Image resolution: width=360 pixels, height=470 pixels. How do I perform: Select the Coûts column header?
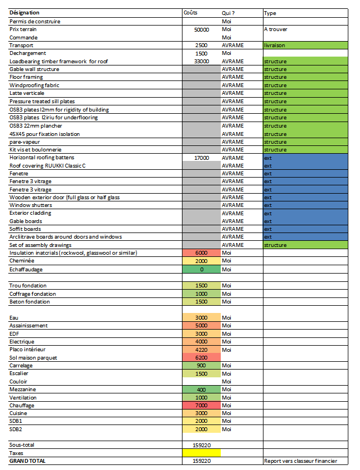(x=190, y=13)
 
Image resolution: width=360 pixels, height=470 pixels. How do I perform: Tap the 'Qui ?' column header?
(x=227, y=13)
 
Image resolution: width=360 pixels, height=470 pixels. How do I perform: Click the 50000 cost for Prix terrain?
(x=201, y=29)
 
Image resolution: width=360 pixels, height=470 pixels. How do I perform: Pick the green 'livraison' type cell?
(x=305, y=45)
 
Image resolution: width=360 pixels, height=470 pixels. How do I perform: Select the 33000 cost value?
(x=201, y=61)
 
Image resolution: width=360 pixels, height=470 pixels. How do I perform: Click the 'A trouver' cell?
(x=276, y=29)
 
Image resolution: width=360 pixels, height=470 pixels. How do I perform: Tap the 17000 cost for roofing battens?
(x=201, y=158)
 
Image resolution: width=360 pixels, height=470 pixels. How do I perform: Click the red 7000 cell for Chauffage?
(x=201, y=405)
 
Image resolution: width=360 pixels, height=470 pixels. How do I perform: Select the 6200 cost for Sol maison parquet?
(x=201, y=358)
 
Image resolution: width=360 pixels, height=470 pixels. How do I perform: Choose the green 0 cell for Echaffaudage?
(x=201, y=269)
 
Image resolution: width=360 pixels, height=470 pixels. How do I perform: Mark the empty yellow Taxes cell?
(x=201, y=453)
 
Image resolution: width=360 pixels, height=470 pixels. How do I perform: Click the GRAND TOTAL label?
(x=28, y=461)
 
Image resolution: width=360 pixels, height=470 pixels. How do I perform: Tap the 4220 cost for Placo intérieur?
(x=201, y=350)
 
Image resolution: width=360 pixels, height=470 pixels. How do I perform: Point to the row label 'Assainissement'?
(x=28, y=326)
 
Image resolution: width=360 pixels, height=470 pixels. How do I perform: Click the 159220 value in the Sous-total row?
(x=201, y=444)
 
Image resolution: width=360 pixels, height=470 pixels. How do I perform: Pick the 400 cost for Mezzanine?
(x=201, y=390)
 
